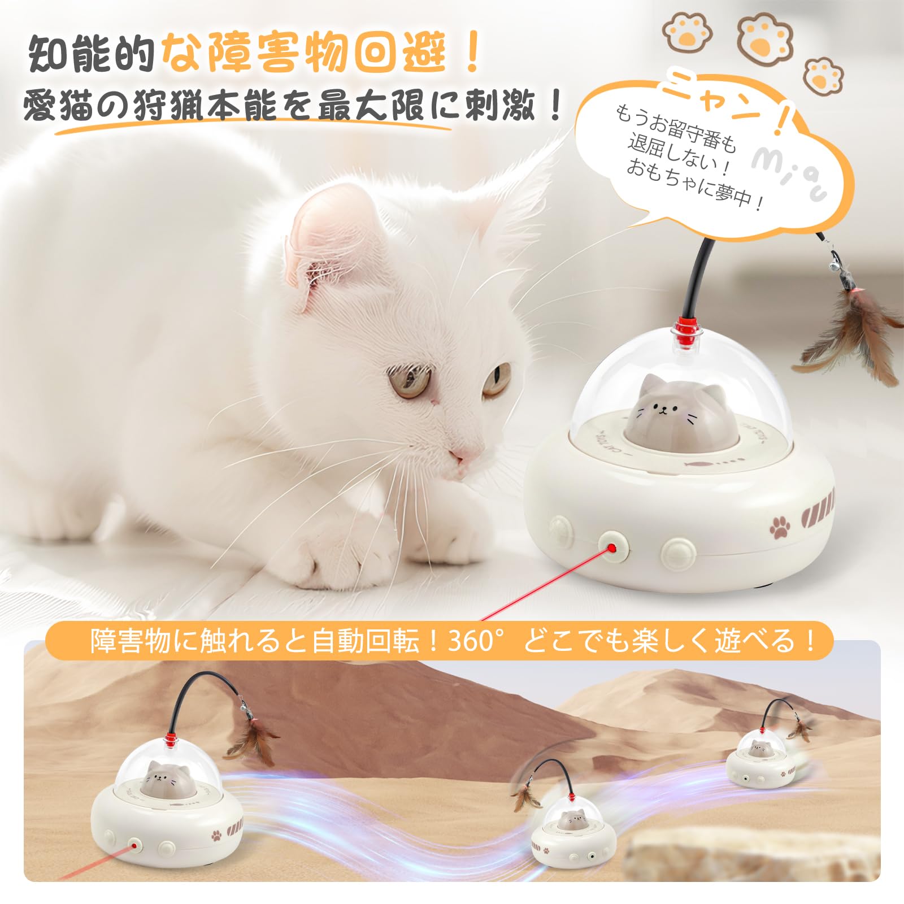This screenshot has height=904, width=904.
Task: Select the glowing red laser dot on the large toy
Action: tap(612, 548)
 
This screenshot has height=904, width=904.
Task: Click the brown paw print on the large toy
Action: tap(780, 527)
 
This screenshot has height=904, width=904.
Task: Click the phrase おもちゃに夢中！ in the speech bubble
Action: tap(694, 184)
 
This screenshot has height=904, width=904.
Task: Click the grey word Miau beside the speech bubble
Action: tap(788, 172)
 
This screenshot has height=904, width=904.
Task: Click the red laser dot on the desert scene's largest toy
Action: tap(134, 846)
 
